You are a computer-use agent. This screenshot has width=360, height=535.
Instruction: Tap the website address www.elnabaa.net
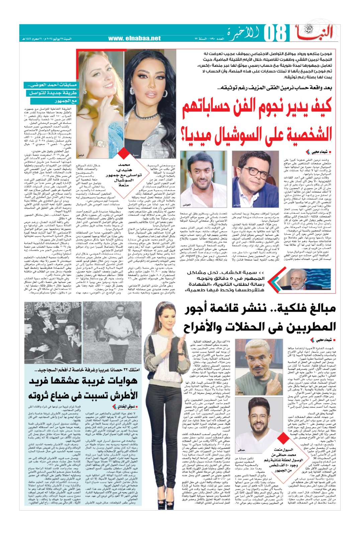tap(134, 38)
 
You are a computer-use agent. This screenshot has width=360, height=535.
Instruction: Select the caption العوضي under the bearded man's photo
tap(187, 204)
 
